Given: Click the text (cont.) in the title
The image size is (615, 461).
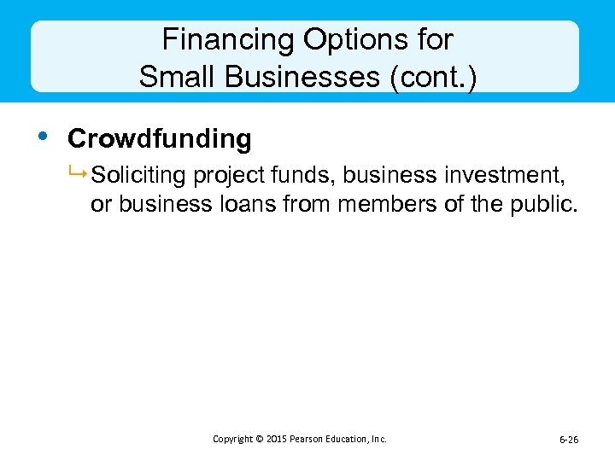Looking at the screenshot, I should pos(433,77).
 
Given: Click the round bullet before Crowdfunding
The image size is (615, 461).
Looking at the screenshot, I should pos(39,136).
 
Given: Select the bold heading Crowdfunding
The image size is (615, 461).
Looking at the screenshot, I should pos(159,138).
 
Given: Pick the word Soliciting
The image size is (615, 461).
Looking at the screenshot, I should pos(139,176).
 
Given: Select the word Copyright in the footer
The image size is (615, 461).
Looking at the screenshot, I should pos(233,439).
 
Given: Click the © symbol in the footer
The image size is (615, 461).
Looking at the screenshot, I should pos(259,439).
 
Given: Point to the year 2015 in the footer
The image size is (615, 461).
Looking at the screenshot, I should pos(276,439).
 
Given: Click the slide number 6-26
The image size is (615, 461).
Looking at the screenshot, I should pos(569,440).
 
